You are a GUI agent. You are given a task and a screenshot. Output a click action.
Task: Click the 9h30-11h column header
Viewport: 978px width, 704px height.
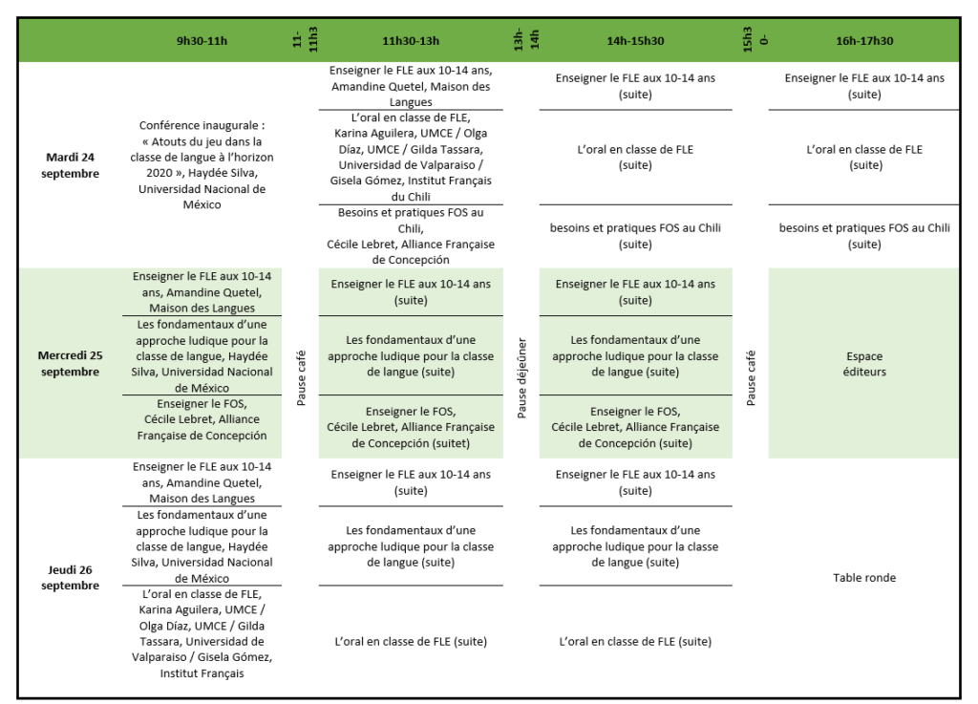point(202,41)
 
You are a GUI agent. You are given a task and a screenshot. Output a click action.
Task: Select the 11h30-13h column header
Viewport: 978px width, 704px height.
point(411,41)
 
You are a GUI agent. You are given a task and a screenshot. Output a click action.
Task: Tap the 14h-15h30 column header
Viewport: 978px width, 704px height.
point(635,41)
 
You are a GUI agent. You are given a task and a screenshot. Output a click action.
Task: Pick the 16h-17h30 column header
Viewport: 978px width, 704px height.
point(864,41)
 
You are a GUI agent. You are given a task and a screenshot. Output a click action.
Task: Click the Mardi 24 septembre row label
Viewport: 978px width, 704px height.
point(73,165)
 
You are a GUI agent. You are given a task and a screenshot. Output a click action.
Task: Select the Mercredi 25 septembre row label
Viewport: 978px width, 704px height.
point(70,363)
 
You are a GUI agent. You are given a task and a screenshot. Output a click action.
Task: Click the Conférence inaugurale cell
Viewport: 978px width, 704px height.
point(202,164)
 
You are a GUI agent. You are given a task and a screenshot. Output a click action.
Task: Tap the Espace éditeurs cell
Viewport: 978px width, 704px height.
point(864,363)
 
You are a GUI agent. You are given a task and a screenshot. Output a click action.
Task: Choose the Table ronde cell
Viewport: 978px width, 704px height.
point(864,577)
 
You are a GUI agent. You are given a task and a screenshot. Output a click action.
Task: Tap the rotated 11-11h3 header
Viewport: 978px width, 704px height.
point(305,39)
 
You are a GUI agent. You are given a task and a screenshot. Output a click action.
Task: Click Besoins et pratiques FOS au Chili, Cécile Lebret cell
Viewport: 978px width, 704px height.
point(411,236)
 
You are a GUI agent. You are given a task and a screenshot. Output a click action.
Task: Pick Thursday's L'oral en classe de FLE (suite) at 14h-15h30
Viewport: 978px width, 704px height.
point(635,641)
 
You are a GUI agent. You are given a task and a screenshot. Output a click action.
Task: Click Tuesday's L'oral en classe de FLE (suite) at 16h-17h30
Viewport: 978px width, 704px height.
point(864,157)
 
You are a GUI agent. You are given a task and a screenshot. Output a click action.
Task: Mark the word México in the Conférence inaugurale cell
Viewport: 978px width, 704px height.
point(202,204)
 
